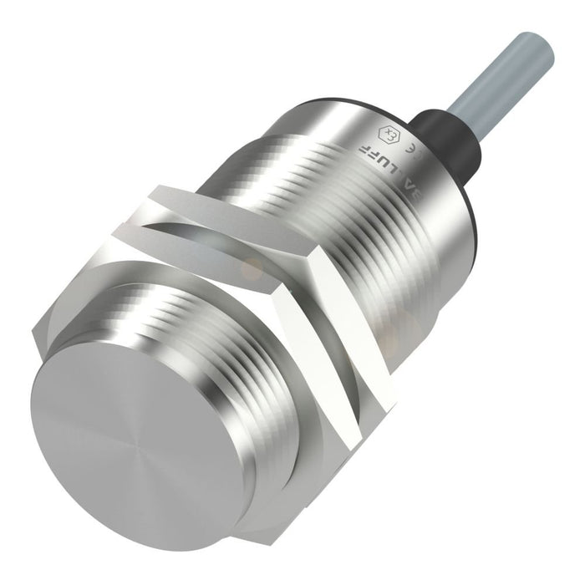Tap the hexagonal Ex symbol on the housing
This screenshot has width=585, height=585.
tap(388, 134)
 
